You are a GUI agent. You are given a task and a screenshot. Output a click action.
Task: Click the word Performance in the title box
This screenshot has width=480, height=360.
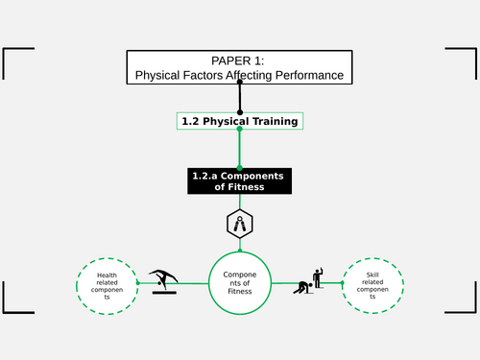coord(304,74)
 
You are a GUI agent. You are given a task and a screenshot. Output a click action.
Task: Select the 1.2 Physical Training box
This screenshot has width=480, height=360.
coord(240,121)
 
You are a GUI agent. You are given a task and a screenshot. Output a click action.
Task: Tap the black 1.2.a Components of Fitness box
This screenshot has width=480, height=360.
coord(239,180)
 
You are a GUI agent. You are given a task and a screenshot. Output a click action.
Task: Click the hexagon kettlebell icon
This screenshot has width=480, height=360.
coord(239,225)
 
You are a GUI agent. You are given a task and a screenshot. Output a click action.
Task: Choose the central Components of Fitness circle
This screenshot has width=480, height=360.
coord(239,283)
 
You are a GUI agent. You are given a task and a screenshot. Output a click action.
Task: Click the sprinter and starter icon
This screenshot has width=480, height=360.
coord(313,278)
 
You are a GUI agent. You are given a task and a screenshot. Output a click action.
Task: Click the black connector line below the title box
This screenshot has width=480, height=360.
coord(240,97)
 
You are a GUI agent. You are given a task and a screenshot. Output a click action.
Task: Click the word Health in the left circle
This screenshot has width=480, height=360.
coord(107,276)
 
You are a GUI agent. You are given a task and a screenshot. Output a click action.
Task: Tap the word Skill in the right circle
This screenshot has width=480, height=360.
coord(372,275)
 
